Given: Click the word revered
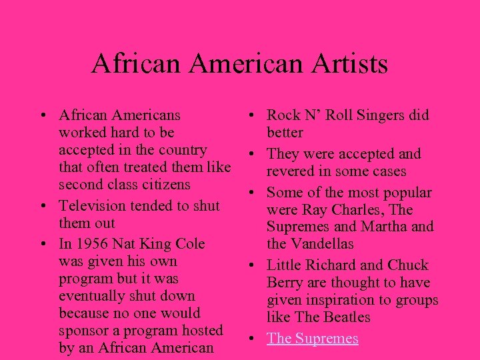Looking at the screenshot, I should click(x=293, y=171).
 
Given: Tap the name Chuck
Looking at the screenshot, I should click(x=409, y=265).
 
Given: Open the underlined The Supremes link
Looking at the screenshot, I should click(x=313, y=338).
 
